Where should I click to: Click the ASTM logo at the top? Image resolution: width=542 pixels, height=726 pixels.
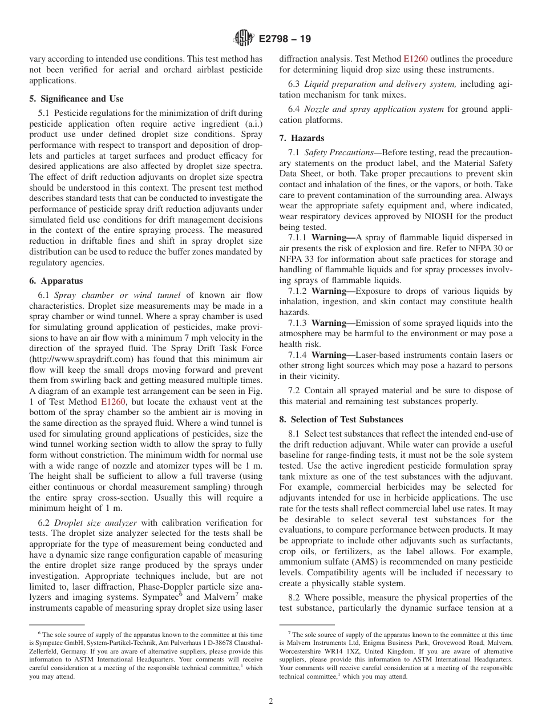tap(244, 39)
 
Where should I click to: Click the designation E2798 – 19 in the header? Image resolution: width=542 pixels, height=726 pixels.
tap(285, 39)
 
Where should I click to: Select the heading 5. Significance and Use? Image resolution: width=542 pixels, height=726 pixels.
tap(76, 99)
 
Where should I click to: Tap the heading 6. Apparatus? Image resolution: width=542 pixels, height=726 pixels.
tap(56, 281)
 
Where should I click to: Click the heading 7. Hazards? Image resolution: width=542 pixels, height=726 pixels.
tap(301, 138)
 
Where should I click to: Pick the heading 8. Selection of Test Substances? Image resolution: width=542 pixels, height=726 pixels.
tap(341, 420)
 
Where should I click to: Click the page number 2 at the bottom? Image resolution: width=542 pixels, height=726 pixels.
tap(271, 701)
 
